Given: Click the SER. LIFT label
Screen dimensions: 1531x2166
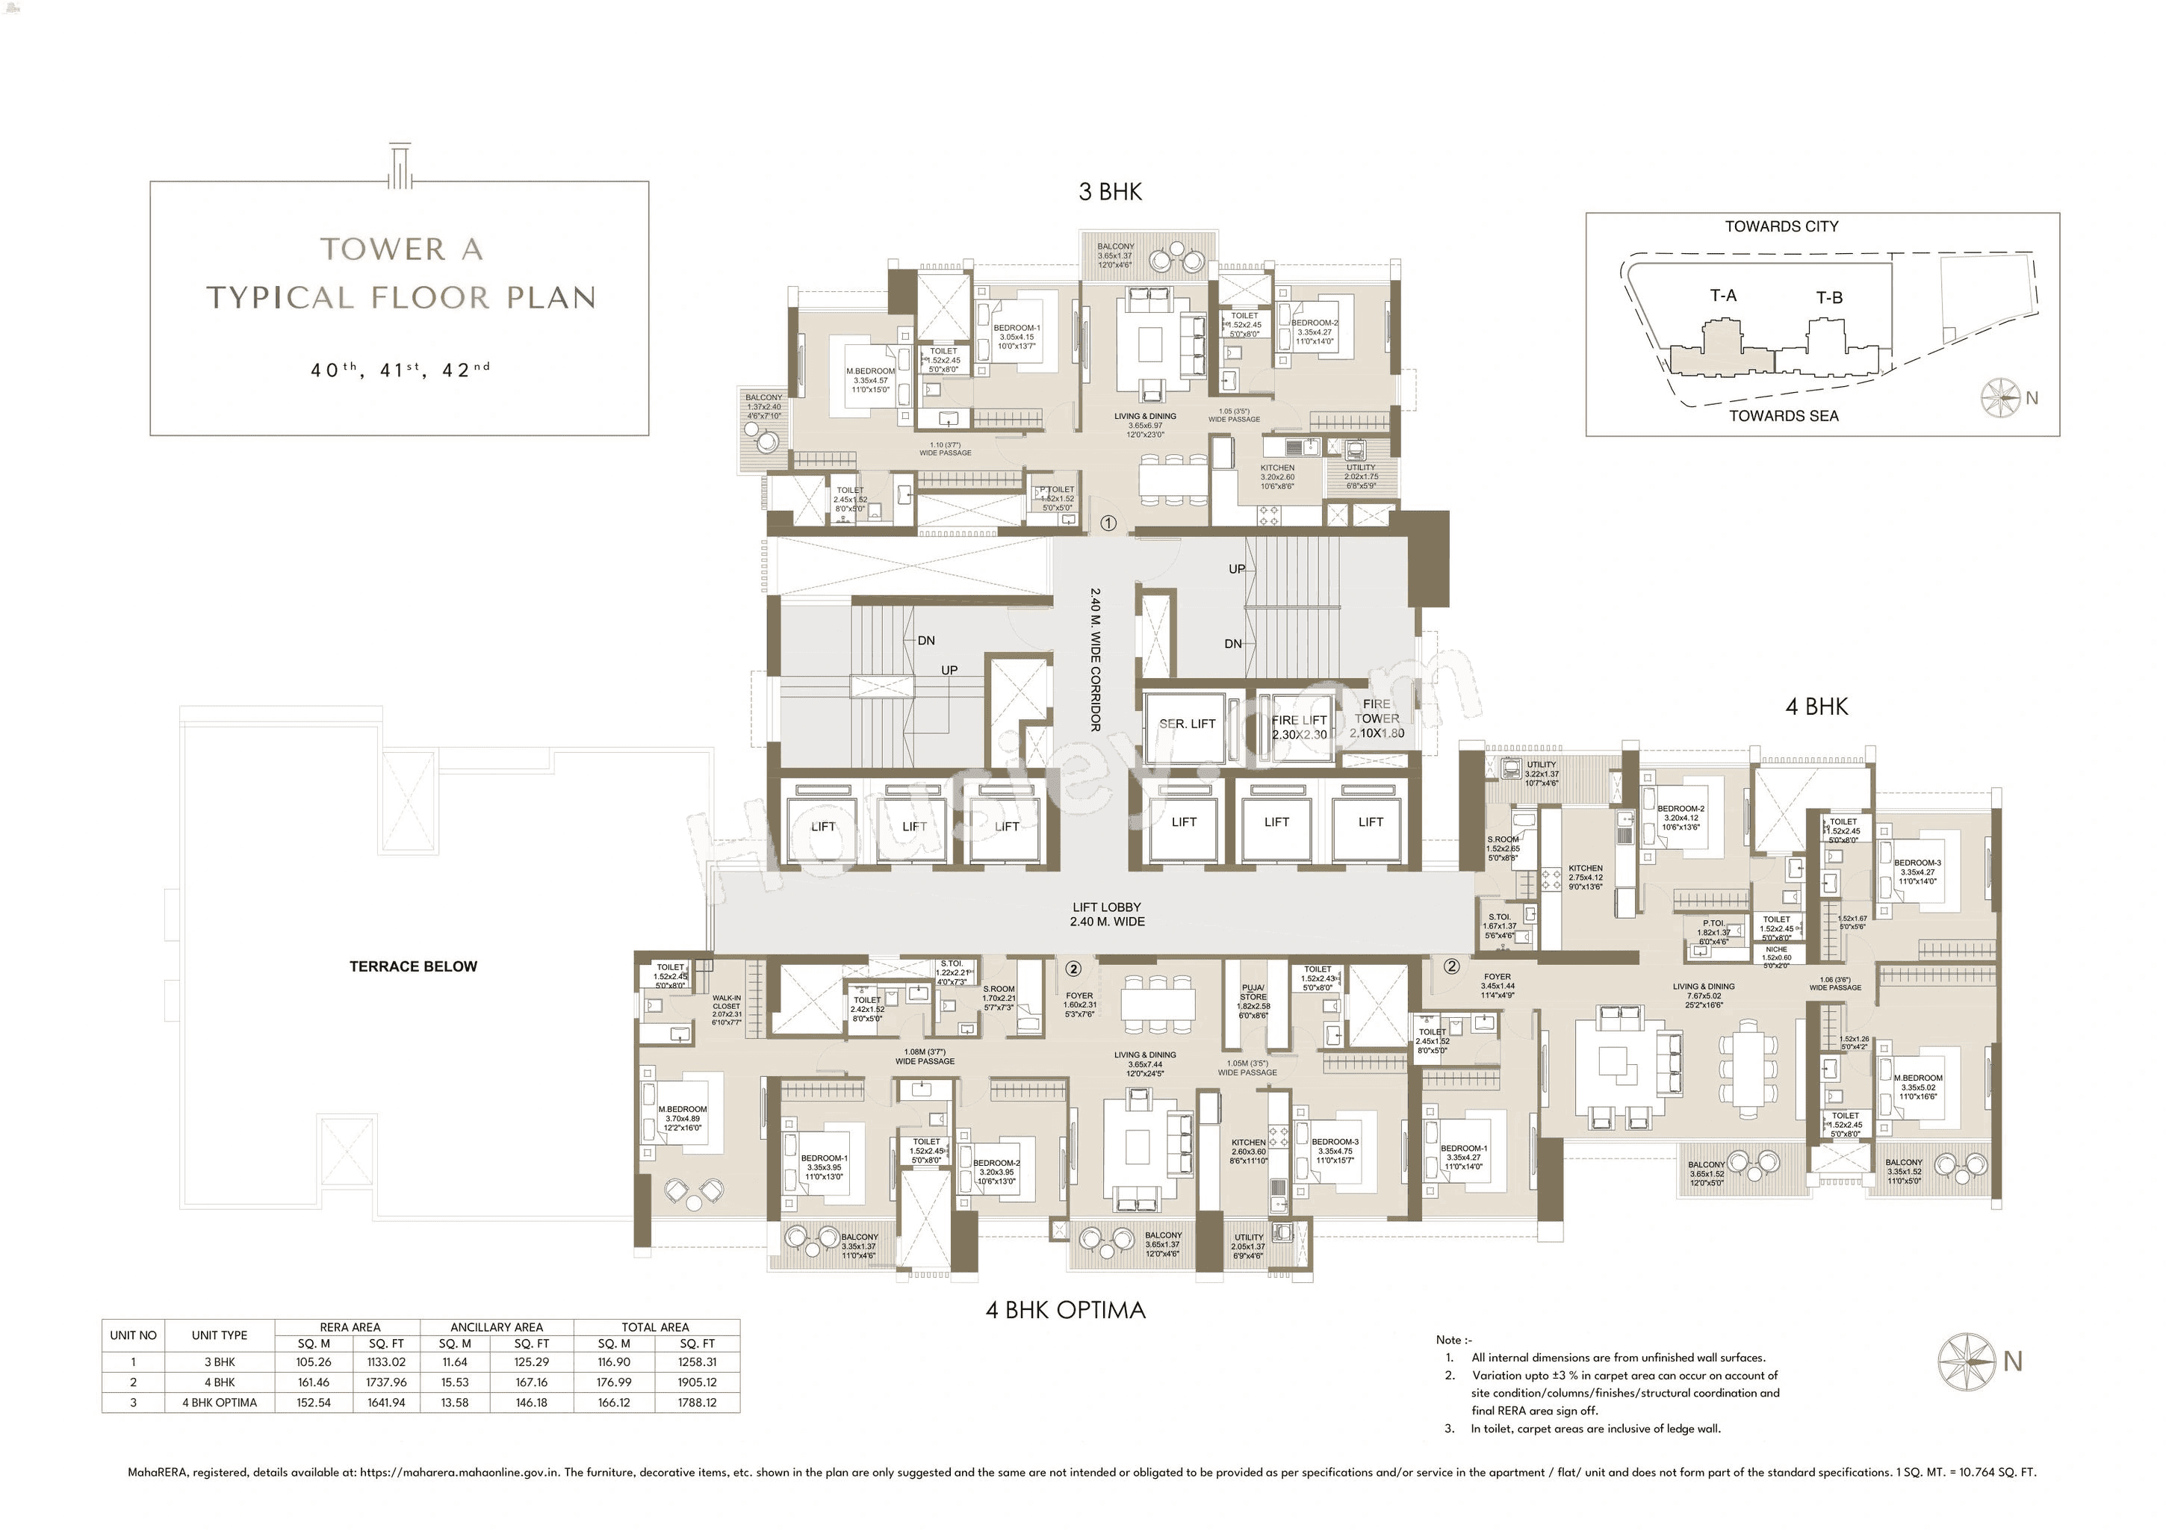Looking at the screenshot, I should tap(1187, 724).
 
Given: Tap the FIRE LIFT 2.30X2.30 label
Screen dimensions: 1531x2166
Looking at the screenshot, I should tap(1299, 727).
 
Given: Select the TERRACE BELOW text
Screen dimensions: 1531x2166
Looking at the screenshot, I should tap(413, 966).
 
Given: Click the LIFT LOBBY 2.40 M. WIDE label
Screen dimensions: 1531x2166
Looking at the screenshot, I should tap(1107, 914).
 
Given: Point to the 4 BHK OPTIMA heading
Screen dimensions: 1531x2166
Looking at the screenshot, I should tap(1065, 1309).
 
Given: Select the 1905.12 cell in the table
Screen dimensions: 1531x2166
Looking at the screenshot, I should tap(696, 1382).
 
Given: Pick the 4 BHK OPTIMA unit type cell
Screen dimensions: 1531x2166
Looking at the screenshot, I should tap(219, 1403).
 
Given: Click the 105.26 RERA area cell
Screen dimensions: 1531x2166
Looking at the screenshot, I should tap(313, 1362).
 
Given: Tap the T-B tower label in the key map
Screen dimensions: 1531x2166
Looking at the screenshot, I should tap(1828, 297).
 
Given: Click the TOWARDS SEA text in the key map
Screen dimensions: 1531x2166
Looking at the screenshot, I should tap(1783, 416).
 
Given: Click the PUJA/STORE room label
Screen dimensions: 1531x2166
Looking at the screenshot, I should tap(1254, 996).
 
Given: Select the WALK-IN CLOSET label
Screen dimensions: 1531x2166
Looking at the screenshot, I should tap(727, 1010).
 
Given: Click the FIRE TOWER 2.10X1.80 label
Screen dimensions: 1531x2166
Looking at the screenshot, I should tap(1377, 718).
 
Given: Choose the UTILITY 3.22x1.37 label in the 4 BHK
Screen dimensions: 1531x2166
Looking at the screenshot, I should tap(1541, 774).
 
